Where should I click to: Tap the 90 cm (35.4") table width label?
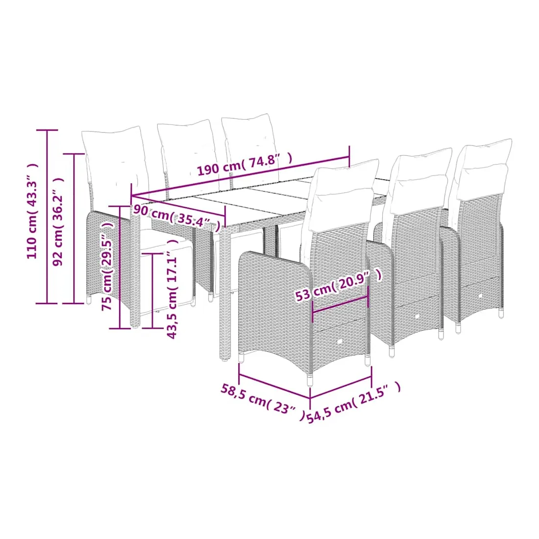pos(177,218)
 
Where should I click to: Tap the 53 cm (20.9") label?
pos(339,285)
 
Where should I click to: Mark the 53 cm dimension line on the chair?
pos(340,305)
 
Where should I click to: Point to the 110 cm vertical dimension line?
pos(47,217)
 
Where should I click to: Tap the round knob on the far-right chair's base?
pos(480,295)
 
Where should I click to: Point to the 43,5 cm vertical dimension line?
pos(152,291)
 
